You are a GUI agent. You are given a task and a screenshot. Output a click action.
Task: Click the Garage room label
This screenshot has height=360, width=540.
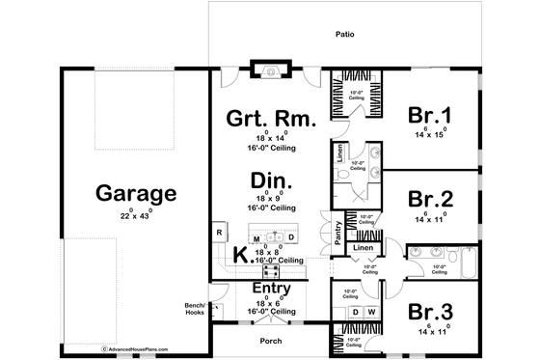136,193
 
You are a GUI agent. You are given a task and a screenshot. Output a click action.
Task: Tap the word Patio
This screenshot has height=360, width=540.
346,33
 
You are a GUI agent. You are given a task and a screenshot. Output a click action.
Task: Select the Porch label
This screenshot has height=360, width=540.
271,339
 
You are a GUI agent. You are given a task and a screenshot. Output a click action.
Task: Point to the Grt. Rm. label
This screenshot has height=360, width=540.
270,120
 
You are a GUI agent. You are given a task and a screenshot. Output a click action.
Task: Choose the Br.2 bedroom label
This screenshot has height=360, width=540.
430,200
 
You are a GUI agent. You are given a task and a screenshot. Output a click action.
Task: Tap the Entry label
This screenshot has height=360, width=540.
271,289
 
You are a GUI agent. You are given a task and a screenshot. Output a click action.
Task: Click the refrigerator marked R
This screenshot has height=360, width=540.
219,234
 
